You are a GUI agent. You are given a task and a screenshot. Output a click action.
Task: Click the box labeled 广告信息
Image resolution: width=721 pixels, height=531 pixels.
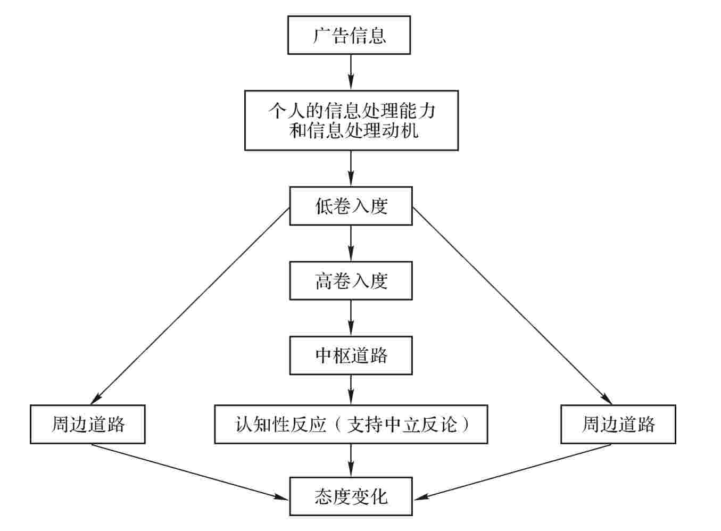[x=349, y=35]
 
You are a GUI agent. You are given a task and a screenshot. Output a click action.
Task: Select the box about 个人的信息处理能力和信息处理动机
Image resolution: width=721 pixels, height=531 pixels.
[x=351, y=120]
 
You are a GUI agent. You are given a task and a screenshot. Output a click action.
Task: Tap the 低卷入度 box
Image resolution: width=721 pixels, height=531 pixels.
[x=351, y=206]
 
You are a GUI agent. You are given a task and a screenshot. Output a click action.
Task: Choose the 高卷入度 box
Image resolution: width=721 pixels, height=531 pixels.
[x=351, y=280]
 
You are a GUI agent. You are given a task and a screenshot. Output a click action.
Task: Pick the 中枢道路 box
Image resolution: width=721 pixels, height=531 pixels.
[x=351, y=355]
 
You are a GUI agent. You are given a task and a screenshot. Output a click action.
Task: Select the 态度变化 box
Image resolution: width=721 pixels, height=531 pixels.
[x=351, y=497]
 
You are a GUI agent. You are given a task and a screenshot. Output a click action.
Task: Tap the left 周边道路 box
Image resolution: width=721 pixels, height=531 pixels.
[x=88, y=425]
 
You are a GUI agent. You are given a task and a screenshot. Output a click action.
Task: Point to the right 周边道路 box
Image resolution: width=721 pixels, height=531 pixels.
[x=618, y=425]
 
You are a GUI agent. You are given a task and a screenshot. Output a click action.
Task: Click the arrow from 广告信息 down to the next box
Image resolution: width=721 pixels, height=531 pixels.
[x=351, y=72]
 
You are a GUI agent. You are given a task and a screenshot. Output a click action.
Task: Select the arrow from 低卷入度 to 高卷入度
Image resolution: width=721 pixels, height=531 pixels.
[x=351, y=243]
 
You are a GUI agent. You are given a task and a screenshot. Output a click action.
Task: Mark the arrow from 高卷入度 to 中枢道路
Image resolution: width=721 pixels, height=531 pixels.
[x=351, y=318]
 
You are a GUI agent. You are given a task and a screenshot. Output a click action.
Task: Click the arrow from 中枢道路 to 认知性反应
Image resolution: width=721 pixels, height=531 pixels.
[x=351, y=390]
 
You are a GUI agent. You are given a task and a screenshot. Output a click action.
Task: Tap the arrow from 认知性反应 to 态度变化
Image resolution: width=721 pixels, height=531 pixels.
[x=351, y=460]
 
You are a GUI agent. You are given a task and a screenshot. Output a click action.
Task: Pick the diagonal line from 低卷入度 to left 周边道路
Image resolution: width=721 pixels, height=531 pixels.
[x=192, y=304]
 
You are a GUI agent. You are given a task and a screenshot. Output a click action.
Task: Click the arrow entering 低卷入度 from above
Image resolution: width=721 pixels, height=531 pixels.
[x=351, y=168]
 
